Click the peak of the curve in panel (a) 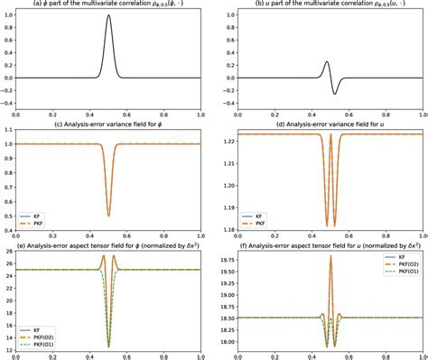(x=109, y=15)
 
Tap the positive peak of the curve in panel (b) (x=327, y=62)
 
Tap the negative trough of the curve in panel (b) (x=335, y=93)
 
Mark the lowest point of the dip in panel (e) (x=109, y=346)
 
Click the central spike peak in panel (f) (x=330, y=256)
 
